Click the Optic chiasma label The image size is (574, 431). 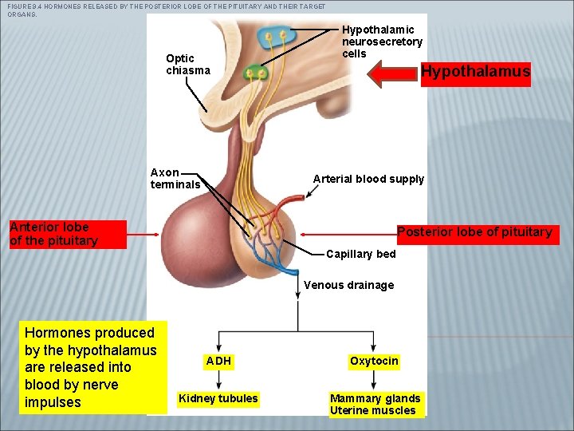(187, 64)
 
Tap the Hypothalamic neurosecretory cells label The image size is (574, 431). (382, 42)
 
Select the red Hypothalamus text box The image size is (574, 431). (475, 73)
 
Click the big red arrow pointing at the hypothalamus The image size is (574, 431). (394, 73)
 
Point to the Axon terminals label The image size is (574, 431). (175, 178)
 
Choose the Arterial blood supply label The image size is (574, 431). (368, 179)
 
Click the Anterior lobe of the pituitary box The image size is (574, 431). (67, 235)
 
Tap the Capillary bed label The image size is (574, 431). (360, 254)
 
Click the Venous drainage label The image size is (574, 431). (348, 285)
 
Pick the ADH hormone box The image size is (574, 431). (218, 361)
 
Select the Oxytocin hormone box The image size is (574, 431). (374, 361)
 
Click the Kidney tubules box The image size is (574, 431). (218, 398)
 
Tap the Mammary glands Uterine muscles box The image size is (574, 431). (375, 404)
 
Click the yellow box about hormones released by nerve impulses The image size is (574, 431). (90, 367)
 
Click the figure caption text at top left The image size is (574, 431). (159, 10)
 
